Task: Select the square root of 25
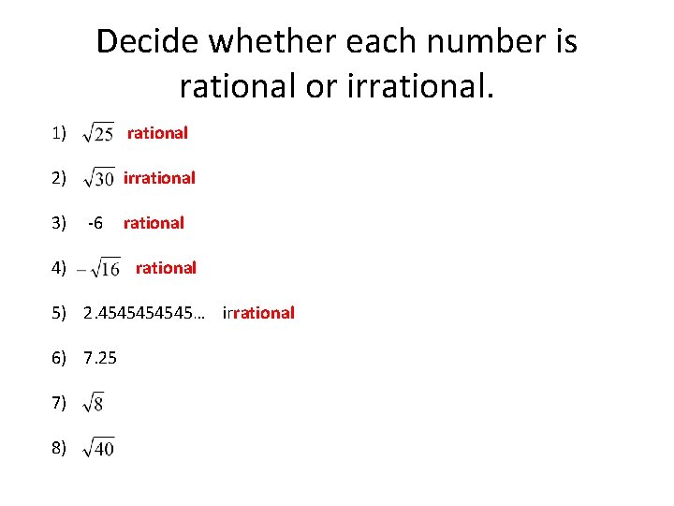pos(98,134)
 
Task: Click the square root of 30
pos(98,178)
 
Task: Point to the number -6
pos(95,223)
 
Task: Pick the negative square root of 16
pos(98,268)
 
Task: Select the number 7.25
pos(100,358)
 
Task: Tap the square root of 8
pos(94,403)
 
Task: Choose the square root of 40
pos(98,448)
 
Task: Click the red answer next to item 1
pos(157,133)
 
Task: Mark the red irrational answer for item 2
pos(159,177)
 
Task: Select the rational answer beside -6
pos(154,223)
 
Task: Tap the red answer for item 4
pos(166,268)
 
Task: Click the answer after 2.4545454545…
pos(258,313)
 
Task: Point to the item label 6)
pos(60,358)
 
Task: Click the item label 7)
pos(60,403)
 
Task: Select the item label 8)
pos(60,448)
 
